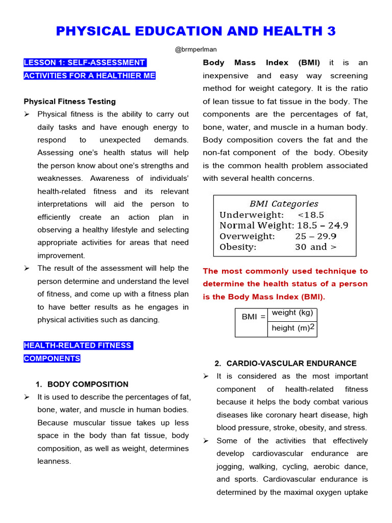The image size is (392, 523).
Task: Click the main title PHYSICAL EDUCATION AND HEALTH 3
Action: click(x=196, y=31)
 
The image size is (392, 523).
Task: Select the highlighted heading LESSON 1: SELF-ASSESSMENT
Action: click(x=84, y=63)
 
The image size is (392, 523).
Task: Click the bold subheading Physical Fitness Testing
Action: click(x=70, y=101)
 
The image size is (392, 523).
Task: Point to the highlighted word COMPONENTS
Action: click(x=52, y=359)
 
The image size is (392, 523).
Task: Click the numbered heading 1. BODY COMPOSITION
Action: click(x=82, y=384)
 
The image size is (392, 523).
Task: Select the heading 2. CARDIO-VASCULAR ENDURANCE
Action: click(x=285, y=363)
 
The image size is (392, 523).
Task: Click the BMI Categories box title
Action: click(x=284, y=204)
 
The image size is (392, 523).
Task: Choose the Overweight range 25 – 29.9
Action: click(x=315, y=236)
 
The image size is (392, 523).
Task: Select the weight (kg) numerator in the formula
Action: click(x=292, y=313)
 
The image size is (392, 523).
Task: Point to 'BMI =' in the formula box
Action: click(x=253, y=317)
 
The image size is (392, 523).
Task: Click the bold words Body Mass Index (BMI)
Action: click(x=261, y=63)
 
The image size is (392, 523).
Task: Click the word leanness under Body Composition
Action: click(x=54, y=461)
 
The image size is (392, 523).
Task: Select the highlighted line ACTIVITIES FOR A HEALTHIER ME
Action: click(x=89, y=76)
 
